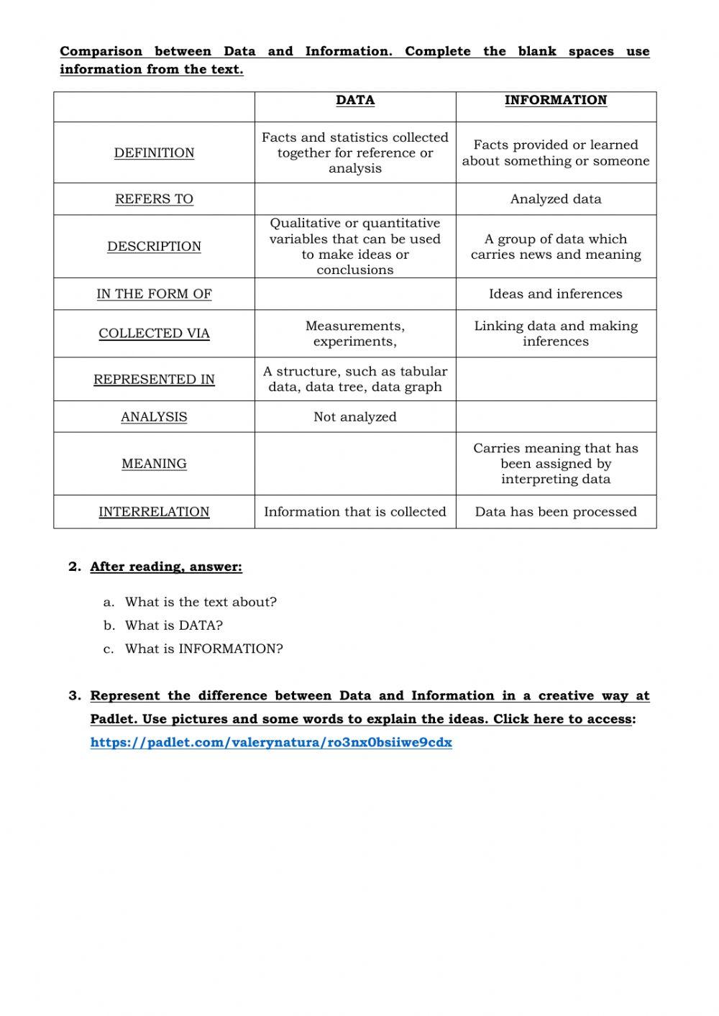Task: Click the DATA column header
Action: [355, 101]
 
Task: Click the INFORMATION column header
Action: [556, 101]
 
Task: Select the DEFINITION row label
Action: [154, 153]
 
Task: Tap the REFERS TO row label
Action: [154, 199]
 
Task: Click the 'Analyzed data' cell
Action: [556, 199]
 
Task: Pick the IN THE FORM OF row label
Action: [154, 294]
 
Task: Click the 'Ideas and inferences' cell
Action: [556, 294]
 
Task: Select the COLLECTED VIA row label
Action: [154, 334]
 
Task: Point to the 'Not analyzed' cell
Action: [355, 417]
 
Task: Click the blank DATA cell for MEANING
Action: [355, 464]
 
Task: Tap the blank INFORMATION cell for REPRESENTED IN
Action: [556, 379]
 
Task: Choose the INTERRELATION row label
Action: [154, 512]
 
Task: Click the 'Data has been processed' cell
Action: [556, 512]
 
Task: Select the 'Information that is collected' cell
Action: [355, 512]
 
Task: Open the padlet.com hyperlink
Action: [271, 743]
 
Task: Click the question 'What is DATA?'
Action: [174, 626]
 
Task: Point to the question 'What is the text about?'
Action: [201, 603]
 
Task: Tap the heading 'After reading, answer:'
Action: [166, 567]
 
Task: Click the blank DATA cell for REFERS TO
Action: [355, 199]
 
